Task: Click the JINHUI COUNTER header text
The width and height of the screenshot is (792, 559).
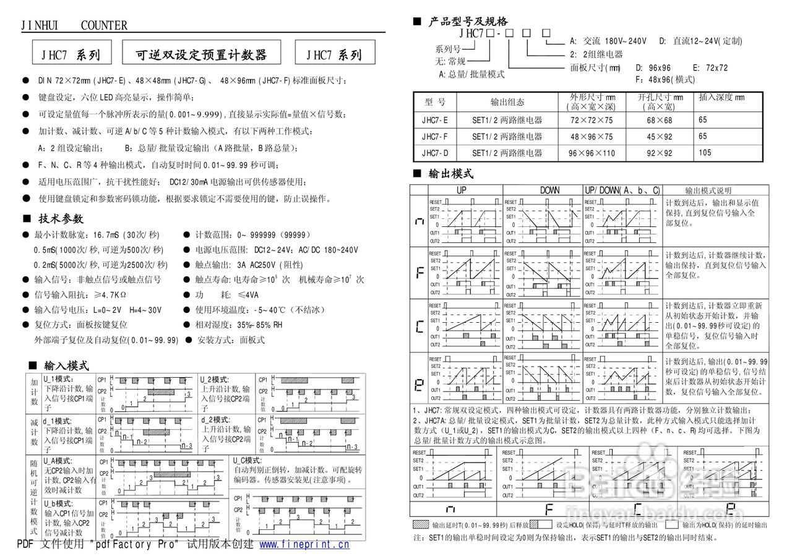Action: point(74,25)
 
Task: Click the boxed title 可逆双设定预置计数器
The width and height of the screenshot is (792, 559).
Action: point(202,54)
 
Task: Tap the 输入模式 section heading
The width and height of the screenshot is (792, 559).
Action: point(66,366)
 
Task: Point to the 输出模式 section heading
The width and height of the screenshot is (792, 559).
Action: point(450,174)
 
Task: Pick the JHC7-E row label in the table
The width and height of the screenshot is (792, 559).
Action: point(435,120)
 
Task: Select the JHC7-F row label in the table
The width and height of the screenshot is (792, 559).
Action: point(435,137)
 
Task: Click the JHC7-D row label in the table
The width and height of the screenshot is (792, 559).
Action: point(435,153)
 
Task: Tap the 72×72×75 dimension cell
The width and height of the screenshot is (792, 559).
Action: point(592,120)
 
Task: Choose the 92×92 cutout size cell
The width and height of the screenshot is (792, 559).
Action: point(660,153)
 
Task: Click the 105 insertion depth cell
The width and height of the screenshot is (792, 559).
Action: point(705,152)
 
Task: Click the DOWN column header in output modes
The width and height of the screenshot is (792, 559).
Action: point(549,190)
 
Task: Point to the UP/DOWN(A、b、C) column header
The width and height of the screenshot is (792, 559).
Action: point(622,190)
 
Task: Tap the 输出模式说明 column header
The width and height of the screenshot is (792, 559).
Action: point(717,190)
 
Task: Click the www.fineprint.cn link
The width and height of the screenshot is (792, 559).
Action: point(304,544)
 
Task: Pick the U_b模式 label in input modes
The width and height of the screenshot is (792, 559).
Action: point(58,503)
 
